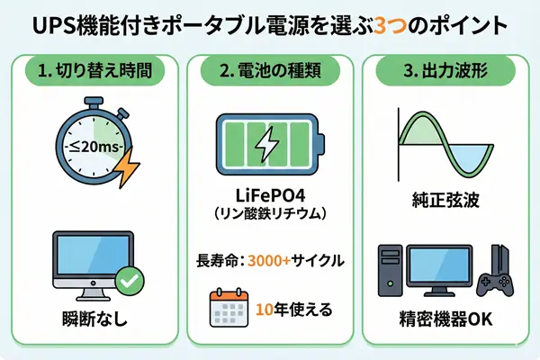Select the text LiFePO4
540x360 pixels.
(x=270, y=200)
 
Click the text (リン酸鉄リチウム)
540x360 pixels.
(x=270, y=219)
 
